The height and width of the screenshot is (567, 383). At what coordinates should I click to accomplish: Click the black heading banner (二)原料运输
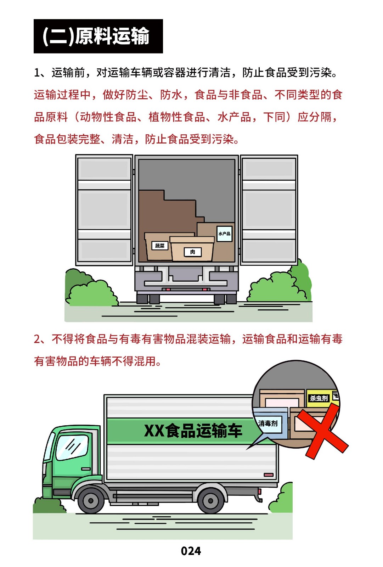click(x=98, y=36)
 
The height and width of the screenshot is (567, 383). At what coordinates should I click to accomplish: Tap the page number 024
click(x=191, y=551)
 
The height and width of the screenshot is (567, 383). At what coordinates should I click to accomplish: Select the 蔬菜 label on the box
click(x=160, y=246)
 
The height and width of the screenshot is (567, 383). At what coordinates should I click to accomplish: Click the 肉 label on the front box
click(x=193, y=252)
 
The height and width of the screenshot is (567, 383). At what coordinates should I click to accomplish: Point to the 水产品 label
click(x=224, y=234)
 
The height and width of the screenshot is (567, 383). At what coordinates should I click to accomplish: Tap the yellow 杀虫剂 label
click(x=319, y=398)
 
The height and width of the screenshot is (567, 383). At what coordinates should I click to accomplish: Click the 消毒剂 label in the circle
click(x=268, y=423)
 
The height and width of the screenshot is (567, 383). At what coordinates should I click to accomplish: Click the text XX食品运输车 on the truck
click(x=193, y=431)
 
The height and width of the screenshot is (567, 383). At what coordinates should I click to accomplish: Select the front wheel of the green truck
click(x=91, y=501)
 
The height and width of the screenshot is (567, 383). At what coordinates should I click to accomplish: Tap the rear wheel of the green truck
click(x=210, y=500)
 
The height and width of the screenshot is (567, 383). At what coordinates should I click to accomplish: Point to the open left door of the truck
click(x=104, y=210)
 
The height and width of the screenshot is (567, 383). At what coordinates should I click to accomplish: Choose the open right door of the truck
click(x=269, y=210)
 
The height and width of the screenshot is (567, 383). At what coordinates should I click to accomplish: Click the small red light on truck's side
click(x=269, y=475)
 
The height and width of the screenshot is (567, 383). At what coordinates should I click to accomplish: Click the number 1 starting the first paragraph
click(x=37, y=73)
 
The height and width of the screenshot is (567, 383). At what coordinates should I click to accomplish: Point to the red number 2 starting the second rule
click(x=37, y=339)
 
